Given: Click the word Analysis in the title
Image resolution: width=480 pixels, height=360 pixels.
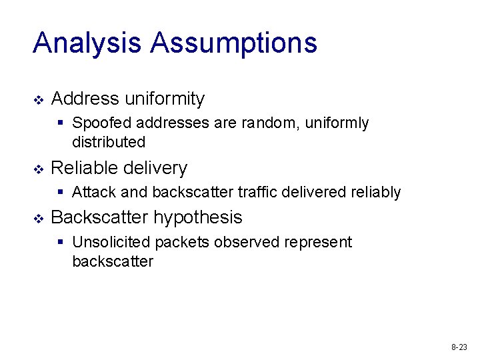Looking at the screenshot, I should point(88,43).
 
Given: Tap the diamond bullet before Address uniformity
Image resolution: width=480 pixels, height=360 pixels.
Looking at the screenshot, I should point(38,100).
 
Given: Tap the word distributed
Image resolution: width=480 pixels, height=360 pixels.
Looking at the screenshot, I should point(108,142).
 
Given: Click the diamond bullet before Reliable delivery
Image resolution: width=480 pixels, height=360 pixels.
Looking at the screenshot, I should point(38,169).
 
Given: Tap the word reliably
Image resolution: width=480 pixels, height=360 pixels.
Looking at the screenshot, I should point(375,193).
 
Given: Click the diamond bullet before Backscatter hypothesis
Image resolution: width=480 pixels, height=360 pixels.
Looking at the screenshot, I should point(38,218).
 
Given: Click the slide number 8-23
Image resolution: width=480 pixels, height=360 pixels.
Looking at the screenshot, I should point(459,347).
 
